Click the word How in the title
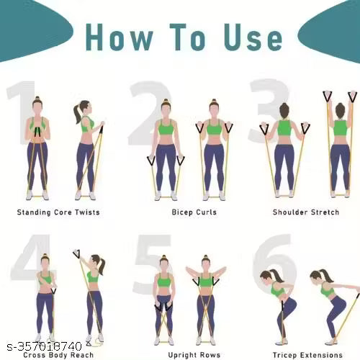(x=120, y=37)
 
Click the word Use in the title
(x=253, y=37)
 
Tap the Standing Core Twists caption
(x=58, y=212)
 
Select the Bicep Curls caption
(x=194, y=212)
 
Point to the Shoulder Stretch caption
(x=306, y=212)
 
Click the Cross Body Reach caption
(x=58, y=355)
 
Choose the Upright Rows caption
(x=194, y=355)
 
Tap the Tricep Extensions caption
(x=307, y=355)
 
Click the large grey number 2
(x=150, y=113)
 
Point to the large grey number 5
(x=153, y=264)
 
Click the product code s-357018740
(x=45, y=346)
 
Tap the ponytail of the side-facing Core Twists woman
(x=77, y=114)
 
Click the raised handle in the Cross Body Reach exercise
(x=76, y=254)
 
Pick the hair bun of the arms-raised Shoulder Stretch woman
(x=340, y=110)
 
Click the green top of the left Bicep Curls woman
(x=166, y=127)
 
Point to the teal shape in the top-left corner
(x=34, y=29)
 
